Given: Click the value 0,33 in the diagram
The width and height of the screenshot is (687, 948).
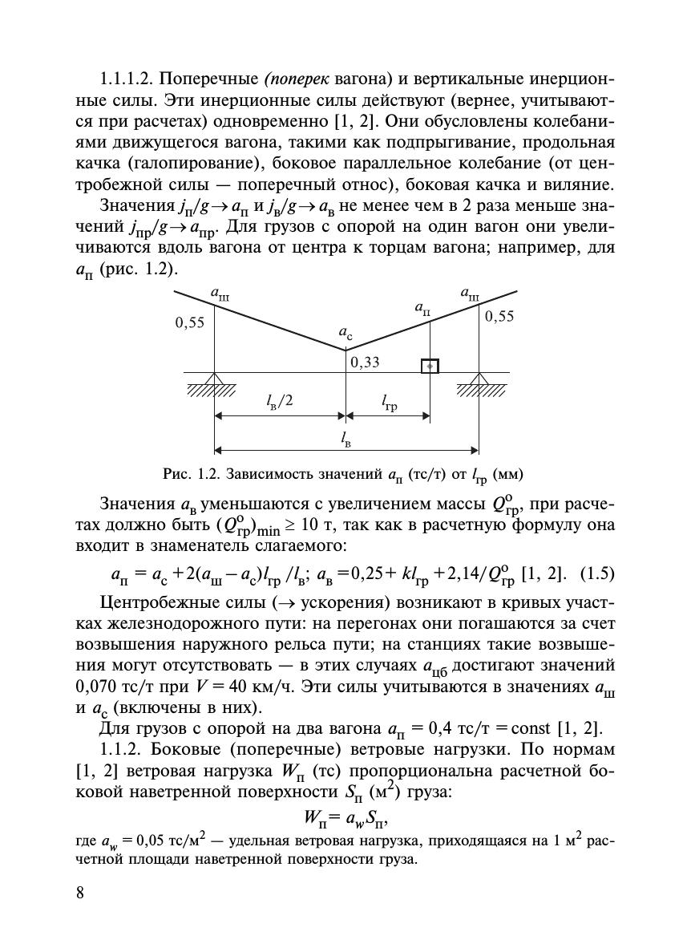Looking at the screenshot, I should point(365,362).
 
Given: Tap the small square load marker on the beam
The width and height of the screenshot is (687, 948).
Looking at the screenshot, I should point(430,366).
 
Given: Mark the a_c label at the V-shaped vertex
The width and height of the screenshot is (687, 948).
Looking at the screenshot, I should point(345,332).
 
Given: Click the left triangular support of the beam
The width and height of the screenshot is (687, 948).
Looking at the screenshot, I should point(214,379).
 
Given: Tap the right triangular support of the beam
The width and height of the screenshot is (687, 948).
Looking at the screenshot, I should point(479,379).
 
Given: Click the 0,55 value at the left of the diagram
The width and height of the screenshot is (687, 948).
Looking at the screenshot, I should point(190,323).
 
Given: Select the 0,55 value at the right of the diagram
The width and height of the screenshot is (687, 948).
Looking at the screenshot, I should point(499,316).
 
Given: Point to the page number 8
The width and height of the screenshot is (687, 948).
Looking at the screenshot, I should point(80,894).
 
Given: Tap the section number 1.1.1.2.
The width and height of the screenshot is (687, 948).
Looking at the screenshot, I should point(133,81).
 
